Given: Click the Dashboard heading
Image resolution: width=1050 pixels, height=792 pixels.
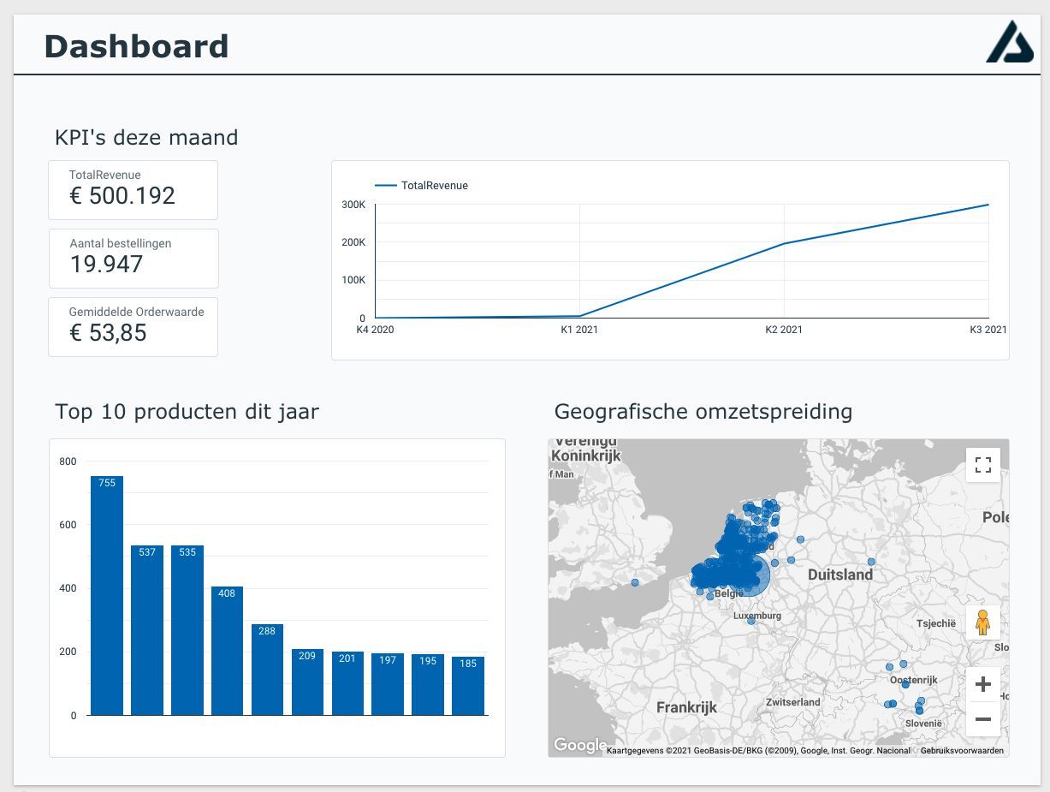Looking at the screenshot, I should (x=136, y=46).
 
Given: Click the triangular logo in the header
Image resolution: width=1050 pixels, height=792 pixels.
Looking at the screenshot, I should (x=1009, y=43).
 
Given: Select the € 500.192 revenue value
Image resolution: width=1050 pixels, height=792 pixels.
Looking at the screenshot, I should (x=122, y=196).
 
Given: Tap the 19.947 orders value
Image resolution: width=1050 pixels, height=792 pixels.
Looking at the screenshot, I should (x=106, y=265).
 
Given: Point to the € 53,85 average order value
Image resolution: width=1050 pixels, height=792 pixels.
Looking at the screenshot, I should (x=108, y=333).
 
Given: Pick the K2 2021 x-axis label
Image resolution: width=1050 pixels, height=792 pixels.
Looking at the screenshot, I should (x=783, y=330).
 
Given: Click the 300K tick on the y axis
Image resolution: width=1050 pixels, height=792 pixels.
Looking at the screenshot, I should (x=353, y=205).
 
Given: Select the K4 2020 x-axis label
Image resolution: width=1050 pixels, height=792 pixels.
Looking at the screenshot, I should (x=375, y=330).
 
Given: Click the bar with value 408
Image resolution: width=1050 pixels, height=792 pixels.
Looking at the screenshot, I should (x=227, y=651).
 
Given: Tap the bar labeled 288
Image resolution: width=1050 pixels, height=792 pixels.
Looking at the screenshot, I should (x=267, y=670).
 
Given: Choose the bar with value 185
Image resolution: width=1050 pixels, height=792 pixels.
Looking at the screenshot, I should (x=468, y=687).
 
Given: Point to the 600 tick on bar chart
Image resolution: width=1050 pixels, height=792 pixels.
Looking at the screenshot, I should (x=68, y=525).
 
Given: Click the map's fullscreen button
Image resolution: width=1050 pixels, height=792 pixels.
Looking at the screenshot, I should (x=982, y=465).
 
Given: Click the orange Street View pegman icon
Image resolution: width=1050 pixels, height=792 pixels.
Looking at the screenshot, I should (x=982, y=622).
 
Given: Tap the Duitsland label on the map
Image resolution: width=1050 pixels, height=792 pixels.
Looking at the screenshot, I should (x=840, y=575).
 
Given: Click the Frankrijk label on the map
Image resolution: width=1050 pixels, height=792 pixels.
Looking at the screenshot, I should (x=686, y=707).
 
